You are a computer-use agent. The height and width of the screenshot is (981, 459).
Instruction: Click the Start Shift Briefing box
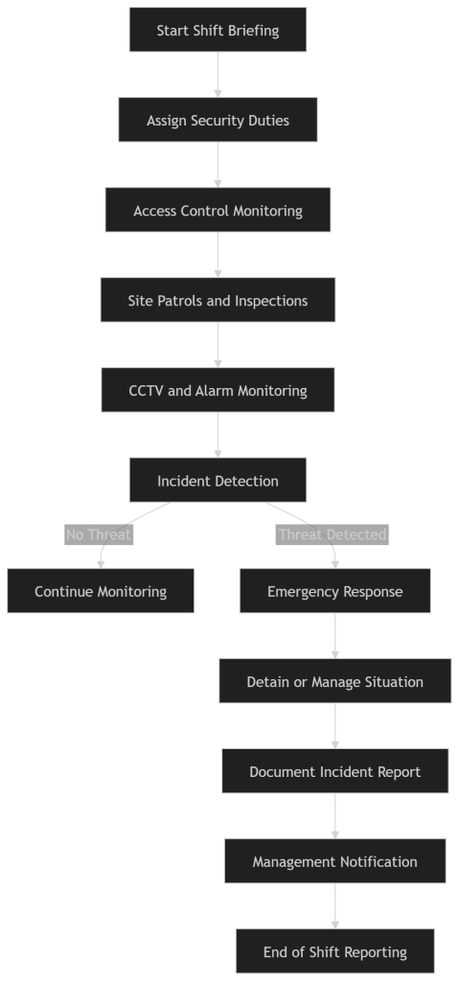[x=218, y=30]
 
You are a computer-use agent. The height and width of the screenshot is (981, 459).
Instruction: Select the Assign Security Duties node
[x=218, y=120]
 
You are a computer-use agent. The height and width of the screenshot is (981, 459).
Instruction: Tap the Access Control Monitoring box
[x=218, y=210]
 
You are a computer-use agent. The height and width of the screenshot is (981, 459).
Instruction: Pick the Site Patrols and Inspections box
[x=218, y=300]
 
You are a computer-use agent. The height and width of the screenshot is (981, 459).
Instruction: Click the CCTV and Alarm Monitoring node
[x=218, y=390]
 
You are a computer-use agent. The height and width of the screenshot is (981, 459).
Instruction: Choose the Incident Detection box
[x=218, y=480]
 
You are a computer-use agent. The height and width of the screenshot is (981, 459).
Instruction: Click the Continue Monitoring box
[x=101, y=590]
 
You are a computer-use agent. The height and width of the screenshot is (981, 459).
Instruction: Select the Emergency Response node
[x=334, y=590]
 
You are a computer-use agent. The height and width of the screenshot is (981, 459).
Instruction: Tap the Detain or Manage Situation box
[x=334, y=681]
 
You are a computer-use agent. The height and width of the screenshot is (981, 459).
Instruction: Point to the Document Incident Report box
[x=334, y=771]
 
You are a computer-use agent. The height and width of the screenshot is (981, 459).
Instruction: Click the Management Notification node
[x=334, y=861]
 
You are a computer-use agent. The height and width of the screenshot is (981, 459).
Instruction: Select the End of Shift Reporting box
[x=334, y=951]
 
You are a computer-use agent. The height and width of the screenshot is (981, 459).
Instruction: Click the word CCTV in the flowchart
[x=146, y=391]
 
